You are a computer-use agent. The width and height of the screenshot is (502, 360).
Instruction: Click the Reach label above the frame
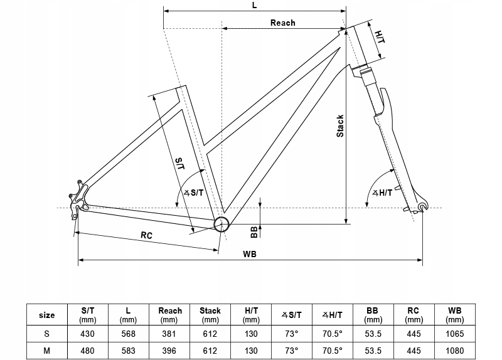click(283, 23)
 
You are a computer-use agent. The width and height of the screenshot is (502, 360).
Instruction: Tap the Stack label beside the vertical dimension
click(340, 126)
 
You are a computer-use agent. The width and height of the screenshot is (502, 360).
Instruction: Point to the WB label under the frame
click(249, 254)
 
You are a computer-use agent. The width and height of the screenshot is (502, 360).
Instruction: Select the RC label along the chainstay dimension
click(146, 235)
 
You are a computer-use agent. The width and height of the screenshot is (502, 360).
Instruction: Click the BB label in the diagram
click(254, 232)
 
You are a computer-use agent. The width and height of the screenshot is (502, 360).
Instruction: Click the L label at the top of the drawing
click(255, 6)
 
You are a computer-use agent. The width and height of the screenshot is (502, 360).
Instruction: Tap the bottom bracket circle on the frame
click(222, 224)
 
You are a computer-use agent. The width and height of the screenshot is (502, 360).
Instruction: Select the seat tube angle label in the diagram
click(193, 193)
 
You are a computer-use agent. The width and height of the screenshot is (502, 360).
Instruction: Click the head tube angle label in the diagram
click(382, 193)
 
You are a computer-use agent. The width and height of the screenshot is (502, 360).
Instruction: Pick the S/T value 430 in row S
click(87, 334)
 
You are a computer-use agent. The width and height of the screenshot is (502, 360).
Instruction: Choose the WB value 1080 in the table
click(454, 351)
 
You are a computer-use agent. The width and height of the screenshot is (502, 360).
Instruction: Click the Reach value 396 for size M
click(169, 351)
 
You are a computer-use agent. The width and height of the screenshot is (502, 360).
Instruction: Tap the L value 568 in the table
click(128, 334)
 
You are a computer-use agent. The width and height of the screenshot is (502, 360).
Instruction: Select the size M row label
click(46, 351)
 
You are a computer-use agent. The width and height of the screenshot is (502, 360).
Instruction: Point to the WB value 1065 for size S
click(454, 334)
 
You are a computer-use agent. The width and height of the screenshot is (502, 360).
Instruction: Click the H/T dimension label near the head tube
click(380, 37)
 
